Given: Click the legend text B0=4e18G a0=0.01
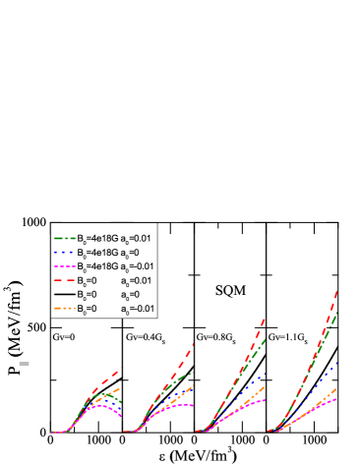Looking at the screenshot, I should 118,238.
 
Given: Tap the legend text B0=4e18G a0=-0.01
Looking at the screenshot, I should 119,266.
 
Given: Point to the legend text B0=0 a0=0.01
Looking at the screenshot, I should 118,281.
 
